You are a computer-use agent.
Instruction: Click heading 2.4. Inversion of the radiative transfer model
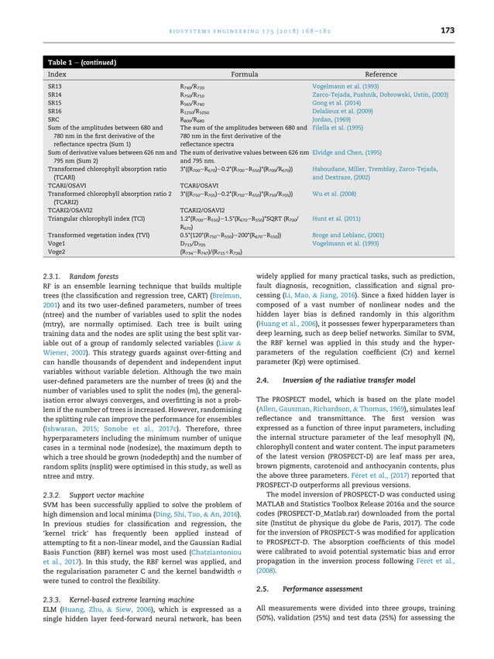[x=336, y=380]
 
